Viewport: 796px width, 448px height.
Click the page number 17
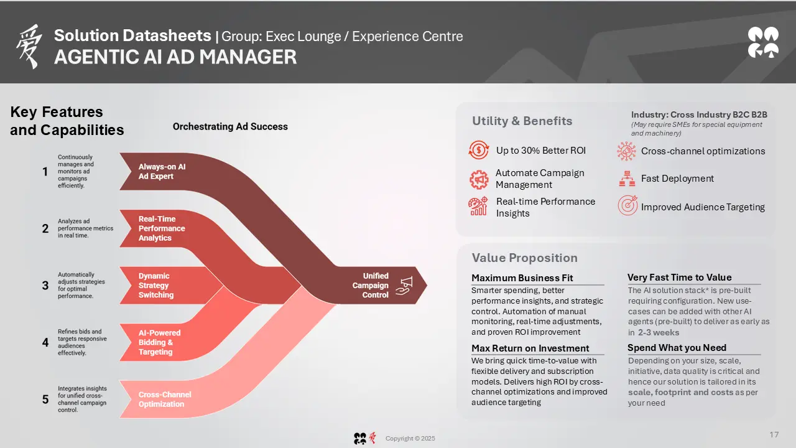coord(774,434)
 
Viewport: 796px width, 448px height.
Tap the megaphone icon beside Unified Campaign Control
coord(405,286)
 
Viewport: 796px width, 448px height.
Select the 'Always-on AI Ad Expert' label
coord(162,171)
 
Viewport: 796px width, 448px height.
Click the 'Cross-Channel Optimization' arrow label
coord(165,399)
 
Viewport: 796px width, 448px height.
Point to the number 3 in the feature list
coord(45,286)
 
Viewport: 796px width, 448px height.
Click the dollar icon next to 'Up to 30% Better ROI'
coord(479,150)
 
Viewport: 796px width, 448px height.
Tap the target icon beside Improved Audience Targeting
coord(627,205)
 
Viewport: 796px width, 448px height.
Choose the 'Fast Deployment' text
coord(677,179)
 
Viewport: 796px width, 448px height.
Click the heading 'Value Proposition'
coord(524,258)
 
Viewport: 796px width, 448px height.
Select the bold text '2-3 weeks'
coord(659,332)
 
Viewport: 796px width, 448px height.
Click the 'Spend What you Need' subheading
coord(677,348)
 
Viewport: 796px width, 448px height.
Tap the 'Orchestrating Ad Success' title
coord(230,126)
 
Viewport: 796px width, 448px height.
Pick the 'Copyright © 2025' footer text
coord(410,439)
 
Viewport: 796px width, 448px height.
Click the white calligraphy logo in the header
coord(29,46)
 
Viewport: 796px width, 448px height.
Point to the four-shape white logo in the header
coord(763,42)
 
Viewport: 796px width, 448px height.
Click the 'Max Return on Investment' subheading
coord(530,348)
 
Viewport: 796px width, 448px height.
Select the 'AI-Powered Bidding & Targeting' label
coord(160,342)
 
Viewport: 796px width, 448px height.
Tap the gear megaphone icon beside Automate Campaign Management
coord(479,179)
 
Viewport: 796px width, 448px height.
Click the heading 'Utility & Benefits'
coord(522,121)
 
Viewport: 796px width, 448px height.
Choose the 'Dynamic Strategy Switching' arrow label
coord(156,286)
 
